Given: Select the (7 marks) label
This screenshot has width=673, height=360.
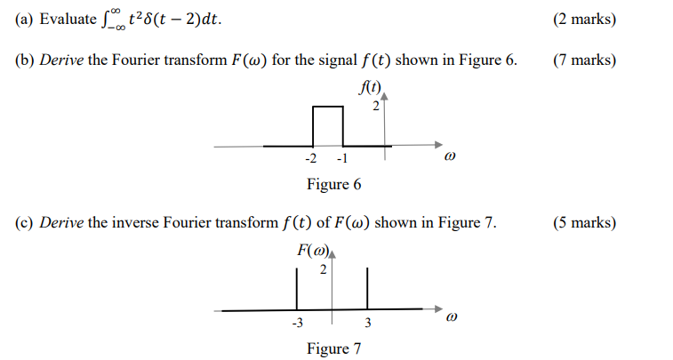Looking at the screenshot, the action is pos(584,61).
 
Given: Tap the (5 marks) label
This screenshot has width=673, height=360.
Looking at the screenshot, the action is pos(584,222).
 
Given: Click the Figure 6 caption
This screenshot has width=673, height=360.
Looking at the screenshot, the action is pos(333,185).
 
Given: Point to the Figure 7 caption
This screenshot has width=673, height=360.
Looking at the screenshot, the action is pos(333,348).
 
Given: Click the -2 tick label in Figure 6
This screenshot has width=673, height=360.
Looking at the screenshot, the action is pos(310,159).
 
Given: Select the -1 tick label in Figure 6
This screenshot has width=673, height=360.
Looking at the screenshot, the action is pos(342,159).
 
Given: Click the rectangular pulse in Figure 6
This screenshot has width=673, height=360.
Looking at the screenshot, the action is pos(328,125).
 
